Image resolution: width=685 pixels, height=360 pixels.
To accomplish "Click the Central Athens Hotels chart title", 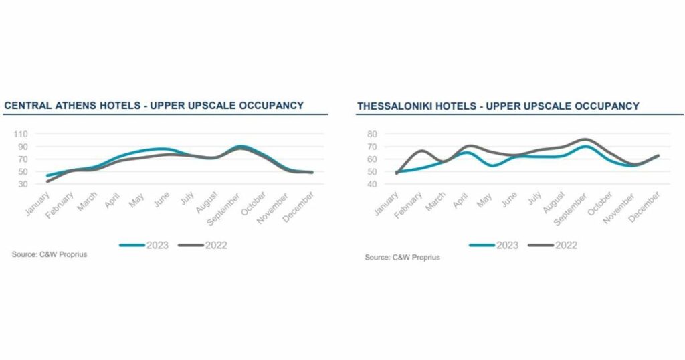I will click(x=154, y=106).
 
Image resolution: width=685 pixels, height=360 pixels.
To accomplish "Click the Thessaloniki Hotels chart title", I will click(x=498, y=106).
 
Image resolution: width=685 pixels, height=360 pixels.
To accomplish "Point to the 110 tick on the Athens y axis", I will click(x=22, y=134).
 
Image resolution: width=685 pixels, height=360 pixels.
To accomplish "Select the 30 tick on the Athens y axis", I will click(x=24, y=184).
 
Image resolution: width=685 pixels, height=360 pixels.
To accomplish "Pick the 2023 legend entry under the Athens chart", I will click(x=144, y=246).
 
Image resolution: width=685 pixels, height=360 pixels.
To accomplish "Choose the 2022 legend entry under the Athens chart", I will click(x=203, y=246).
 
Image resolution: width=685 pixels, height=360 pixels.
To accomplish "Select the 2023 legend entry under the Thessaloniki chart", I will click(x=494, y=246).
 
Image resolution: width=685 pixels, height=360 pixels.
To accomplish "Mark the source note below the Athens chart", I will click(x=49, y=255).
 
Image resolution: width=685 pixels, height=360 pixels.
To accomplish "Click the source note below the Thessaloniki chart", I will click(x=402, y=258).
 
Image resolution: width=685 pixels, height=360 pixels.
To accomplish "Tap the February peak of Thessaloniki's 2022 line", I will click(x=421, y=151).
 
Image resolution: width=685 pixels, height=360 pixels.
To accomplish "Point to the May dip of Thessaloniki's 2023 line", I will click(x=492, y=165).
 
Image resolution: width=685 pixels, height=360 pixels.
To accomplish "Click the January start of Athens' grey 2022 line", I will click(x=47, y=181).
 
